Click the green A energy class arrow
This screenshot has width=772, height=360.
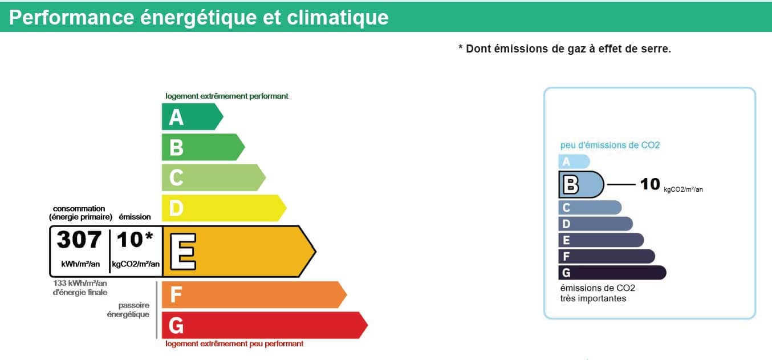click(192, 116)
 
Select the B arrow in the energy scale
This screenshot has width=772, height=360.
click(203, 147)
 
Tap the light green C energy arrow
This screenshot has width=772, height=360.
click(213, 177)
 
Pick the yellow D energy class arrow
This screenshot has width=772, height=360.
click(224, 208)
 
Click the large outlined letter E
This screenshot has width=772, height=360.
click(183, 252)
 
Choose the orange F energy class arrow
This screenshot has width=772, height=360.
click(254, 295)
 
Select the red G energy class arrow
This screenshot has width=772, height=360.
click(265, 325)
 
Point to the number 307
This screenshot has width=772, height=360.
click(79, 239)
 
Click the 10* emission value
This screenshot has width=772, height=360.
click(135, 239)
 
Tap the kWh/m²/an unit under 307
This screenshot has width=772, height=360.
click(80, 264)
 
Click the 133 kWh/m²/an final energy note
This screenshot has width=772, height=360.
click(80, 288)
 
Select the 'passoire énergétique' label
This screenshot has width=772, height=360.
click(128, 310)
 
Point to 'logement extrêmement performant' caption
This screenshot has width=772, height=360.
click(227, 96)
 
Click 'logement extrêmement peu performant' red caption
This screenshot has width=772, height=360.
click(234, 344)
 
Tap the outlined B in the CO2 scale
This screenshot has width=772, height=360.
click(571, 184)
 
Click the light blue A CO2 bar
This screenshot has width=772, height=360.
click(574, 161)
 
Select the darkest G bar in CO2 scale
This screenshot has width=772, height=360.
click(612, 272)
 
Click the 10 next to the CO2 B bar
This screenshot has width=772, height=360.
click(650, 184)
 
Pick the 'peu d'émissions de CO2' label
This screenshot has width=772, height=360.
click(610, 145)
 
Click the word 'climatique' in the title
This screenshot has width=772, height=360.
click(338, 17)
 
